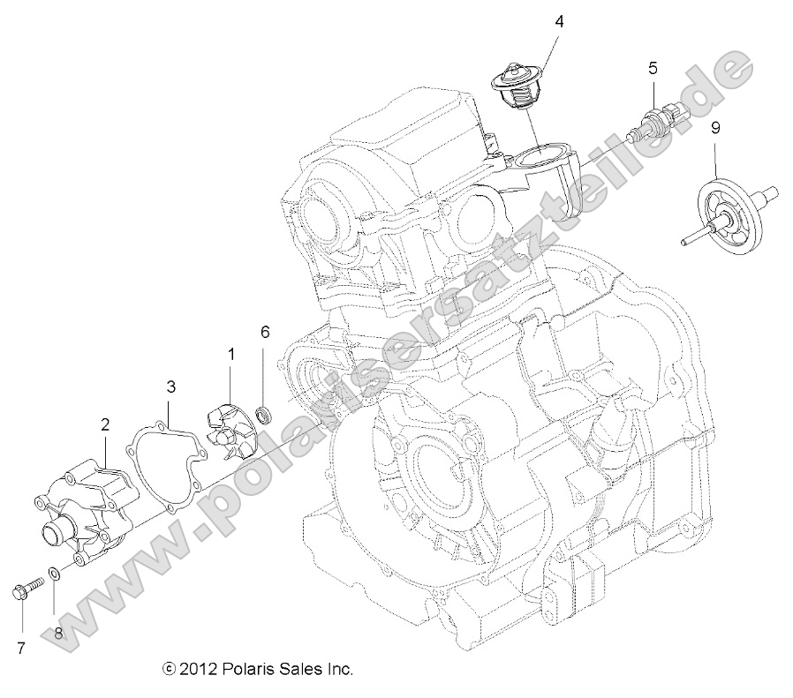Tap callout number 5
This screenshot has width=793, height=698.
click(x=653, y=68)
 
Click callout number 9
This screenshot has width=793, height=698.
click(x=715, y=128)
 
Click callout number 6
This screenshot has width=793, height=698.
click(x=264, y=333)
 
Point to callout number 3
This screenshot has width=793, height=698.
click(x=170, y=386)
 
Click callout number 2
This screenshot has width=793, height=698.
click(x=105, y=424)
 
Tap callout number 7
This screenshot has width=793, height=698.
click(x=19, y=649)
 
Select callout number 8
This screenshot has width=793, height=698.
click(x=60, y=633)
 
